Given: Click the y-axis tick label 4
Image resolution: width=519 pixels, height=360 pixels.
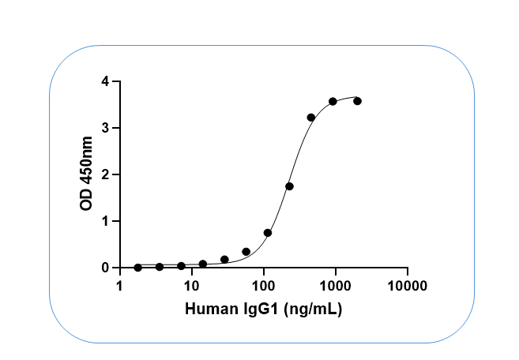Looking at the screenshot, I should pyautogui.click(x=105, y=81).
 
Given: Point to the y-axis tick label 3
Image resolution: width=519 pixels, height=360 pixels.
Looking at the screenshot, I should pyautogui.click(x=105, y=128).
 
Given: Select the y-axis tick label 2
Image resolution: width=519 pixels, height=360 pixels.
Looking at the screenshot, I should pyautogui.click(x=105, y=174).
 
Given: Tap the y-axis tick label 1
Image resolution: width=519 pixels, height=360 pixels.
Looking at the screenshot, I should pyautogui.click(x=105, y=221).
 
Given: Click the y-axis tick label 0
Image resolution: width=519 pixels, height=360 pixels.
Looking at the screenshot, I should pyautogui.click(x=105, y=268).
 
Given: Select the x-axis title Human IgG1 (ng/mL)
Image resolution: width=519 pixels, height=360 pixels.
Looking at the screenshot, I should pyautogui.click(x=263, y=309).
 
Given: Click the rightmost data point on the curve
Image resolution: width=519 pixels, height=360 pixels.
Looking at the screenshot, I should pyautogui.click(x=357, y=101).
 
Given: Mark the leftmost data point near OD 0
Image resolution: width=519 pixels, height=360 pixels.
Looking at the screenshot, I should pyautogui.click(x=137, y=268).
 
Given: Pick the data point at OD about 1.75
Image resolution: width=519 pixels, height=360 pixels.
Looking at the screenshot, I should pyautogui.click(x=289, y=186).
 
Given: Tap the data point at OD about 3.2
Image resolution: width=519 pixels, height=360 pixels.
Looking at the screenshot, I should pyautogui.click(x=311, y=118).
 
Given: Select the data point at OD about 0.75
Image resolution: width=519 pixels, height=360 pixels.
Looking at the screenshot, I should pyautogui.click(x=268, y=233).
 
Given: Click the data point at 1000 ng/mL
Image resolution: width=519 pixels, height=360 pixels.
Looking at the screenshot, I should pyautogui.click(x=333, y=101).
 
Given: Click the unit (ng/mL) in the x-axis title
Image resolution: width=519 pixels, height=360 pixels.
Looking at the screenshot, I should pyautogui.click(x=314, y=309).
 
